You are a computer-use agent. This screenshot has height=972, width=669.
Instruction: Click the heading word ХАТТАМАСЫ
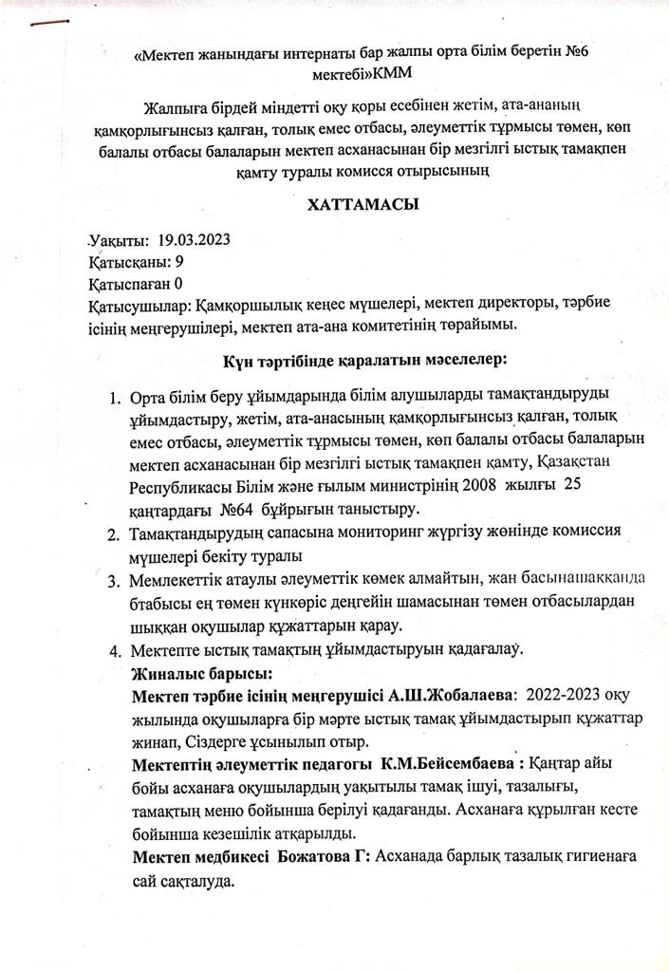pos(363,204)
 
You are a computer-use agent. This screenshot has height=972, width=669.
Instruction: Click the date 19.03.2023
pos(195,239)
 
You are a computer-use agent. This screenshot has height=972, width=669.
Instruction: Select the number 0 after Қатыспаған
pos(178,282)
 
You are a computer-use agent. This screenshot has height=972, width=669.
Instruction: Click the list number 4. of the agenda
pos(114,651)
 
